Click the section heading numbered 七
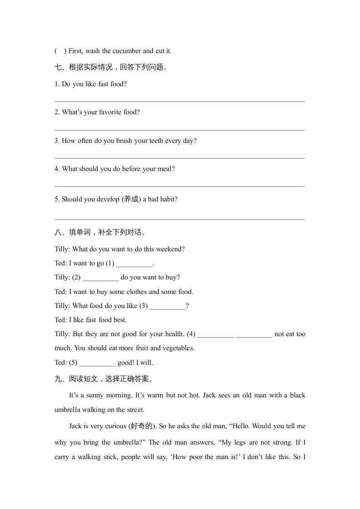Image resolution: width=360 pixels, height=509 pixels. click(x=111, y=68)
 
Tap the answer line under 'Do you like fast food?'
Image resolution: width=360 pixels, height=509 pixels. click(x=179, y=101)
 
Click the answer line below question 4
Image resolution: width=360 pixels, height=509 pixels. click(x=179, y=186)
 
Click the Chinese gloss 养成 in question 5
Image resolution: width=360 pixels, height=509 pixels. click(x=131, y=199)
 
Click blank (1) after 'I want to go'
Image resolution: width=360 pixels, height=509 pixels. click(x=134, y=264)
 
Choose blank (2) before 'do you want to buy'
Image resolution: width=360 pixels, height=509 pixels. click(x=101, y=278)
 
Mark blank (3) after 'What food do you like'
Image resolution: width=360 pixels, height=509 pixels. click(x=168, y=307)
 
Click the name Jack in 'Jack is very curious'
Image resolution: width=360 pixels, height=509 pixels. click(x=75, y=426)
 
